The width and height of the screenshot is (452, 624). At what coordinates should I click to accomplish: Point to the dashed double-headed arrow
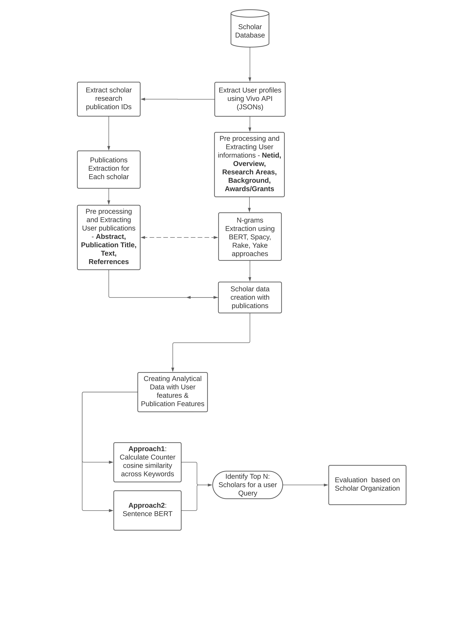179,237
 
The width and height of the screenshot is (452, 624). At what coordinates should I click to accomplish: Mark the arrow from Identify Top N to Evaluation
305,485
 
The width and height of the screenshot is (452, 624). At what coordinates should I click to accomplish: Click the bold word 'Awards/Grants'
249,189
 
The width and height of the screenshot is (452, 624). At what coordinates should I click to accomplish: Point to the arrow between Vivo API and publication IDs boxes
177,99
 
